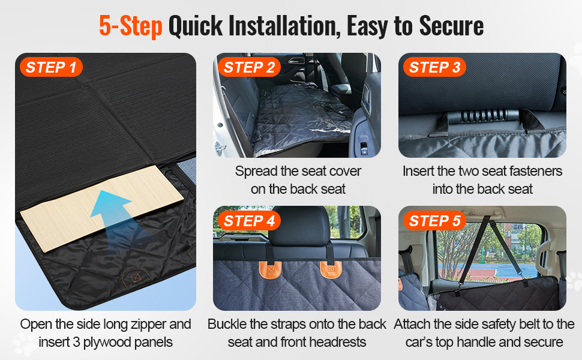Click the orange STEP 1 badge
[x=51, y=67]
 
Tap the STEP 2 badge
[x=249, y=67]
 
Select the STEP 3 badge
[x=434, y=67]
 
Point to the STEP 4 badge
[x=249, y=221]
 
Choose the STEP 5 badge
[x=434, y=221]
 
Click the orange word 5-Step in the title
[x=131, y=26]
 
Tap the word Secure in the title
[x=451, y=26]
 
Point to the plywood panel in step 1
[x=102, y=208]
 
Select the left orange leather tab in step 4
[x=271, y=269]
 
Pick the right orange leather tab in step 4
[x=331, y=269]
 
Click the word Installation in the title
[x=284, y=26]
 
